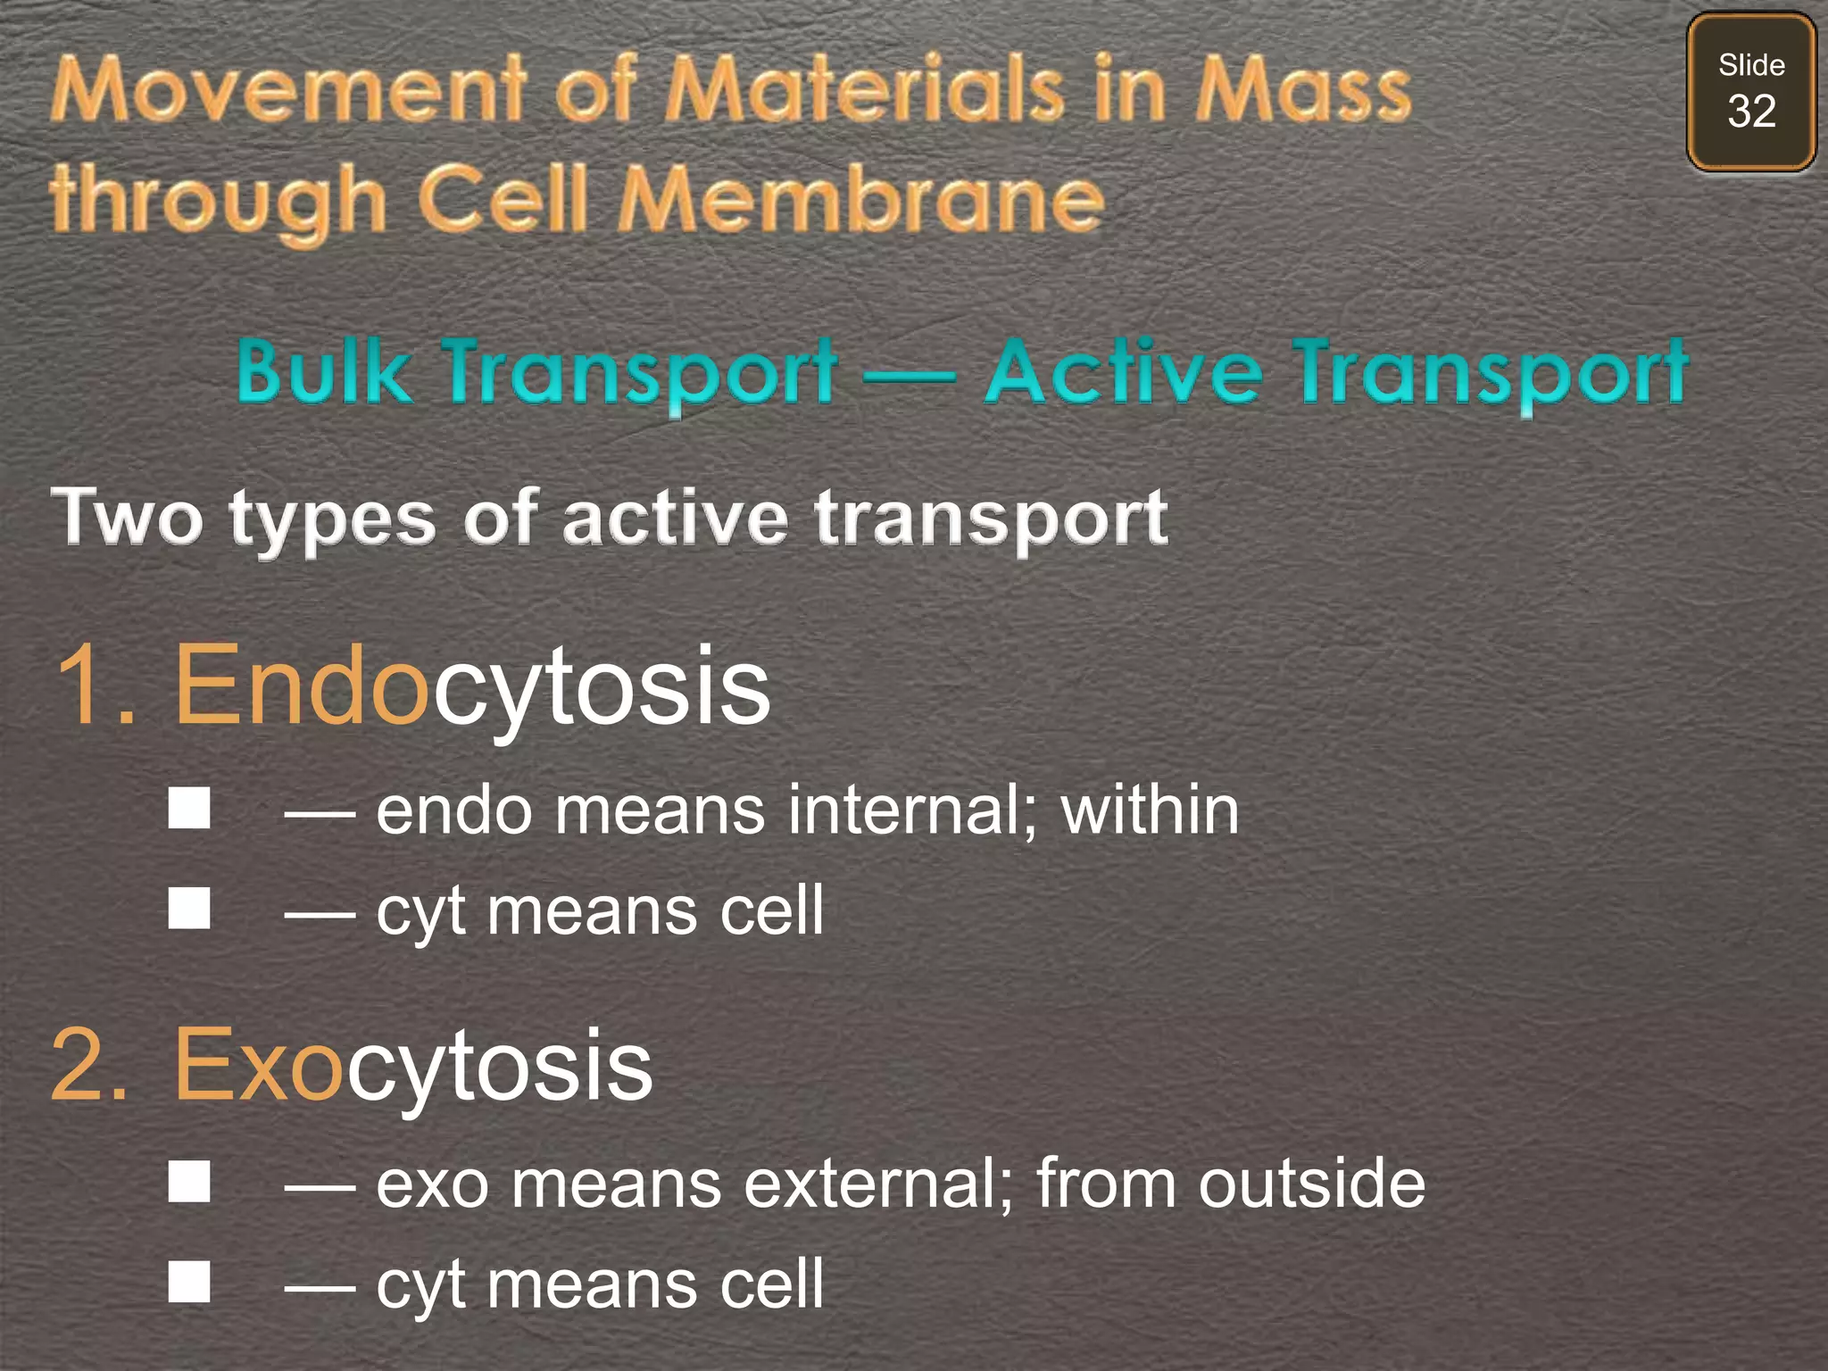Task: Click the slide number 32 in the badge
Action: click(x=1751, y=112)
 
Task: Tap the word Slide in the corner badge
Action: click(x=1751, y=65)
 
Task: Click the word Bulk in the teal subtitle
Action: click(x=323, y=370)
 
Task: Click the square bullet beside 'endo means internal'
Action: click(x=189, y=808)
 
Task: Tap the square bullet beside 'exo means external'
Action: click(x=189, y=1182)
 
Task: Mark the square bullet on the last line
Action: click(x=189, y=1282)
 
